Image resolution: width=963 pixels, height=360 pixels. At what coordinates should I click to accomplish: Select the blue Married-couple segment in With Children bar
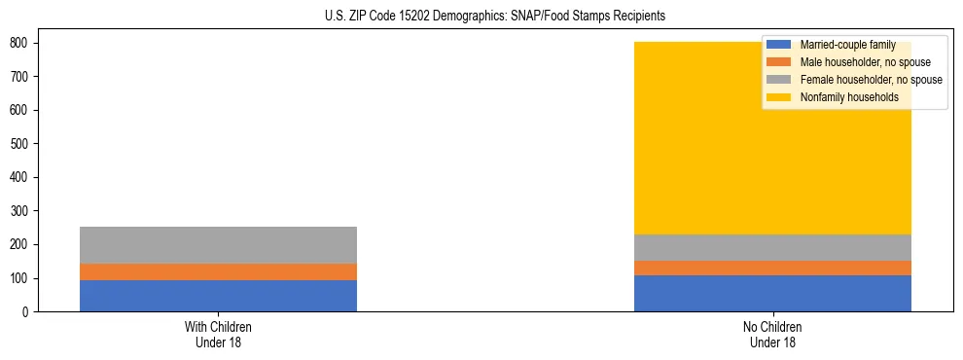click(x=218, y=296)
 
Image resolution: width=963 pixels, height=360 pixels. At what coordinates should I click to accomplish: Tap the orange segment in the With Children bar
click(x=218, y=271)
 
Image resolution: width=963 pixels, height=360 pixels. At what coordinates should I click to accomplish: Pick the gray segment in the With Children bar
click(x=218, y=245)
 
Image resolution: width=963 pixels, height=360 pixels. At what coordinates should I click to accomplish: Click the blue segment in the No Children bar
click(x=772, y=293)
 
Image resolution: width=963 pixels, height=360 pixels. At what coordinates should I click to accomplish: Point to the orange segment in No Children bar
click(x=772, y=268)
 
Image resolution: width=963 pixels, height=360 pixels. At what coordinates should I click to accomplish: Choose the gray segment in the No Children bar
click(x=772, y=247)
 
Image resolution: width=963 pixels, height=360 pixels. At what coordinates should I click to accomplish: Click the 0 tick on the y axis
click(x=29, y=311)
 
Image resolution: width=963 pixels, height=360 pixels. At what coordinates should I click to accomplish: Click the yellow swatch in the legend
click(x=779, y=97)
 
